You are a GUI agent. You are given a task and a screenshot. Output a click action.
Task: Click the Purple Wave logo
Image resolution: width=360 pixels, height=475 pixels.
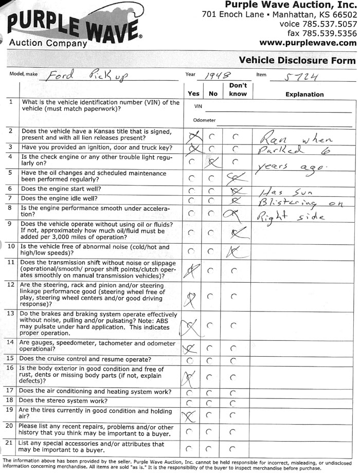pos(75,27)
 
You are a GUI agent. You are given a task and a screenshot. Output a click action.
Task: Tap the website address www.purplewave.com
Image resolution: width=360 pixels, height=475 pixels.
pos(308,43)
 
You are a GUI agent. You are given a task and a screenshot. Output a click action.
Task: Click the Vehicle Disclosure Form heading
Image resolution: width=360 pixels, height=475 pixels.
pos(297,60)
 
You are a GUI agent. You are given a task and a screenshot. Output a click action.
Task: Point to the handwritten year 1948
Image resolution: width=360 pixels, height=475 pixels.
pos(216,76)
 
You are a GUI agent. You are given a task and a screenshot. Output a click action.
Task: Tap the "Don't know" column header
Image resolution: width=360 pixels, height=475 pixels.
pos(238,89)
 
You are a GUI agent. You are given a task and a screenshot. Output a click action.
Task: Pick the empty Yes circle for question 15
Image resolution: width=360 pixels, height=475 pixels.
pos(191,359)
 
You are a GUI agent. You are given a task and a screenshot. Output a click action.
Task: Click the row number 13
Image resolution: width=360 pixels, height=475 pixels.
pos(11,314)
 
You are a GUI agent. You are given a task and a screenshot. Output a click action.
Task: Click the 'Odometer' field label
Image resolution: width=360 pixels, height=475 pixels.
pos(204,120)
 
